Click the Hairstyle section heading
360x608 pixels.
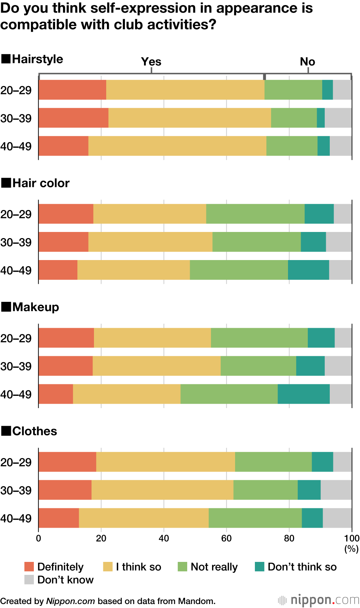[x=37, y=59]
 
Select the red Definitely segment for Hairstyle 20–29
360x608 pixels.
[x=72, y=90]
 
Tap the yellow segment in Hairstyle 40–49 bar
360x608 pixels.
[x=177, y=146]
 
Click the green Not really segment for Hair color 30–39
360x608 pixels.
[x=256, y=242]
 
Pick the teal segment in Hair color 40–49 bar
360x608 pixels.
[x=308, y=270]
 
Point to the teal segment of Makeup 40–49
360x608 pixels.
[x=303, y=394]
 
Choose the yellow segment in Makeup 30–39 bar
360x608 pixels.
[x=157, y=366]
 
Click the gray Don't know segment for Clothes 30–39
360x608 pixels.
[x=336, y=489]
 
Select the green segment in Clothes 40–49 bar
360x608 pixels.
[x=255, y=518]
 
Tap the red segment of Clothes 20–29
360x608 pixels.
[x=67, y=461]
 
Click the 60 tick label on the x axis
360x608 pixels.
[x=226, y=538]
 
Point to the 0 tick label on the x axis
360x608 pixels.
[x=39, y=538]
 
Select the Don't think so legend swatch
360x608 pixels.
[x=260, y=567]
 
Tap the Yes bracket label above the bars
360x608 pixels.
[x=151, y=62]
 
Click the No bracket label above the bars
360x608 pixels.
[x=307, y=62]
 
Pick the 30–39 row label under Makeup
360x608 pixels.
[x=16, y=366]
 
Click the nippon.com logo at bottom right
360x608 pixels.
[x=319, y=600]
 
